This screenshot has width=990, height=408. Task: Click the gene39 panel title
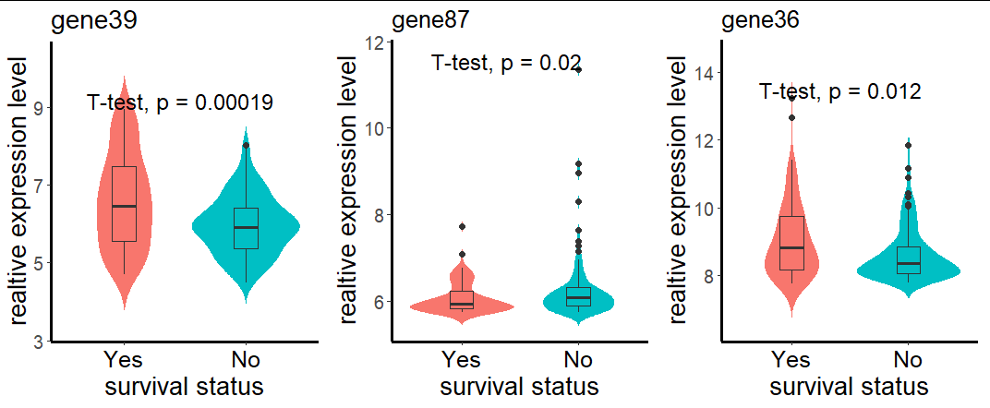94,23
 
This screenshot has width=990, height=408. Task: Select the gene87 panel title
430,20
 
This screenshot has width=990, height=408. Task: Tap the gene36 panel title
760,20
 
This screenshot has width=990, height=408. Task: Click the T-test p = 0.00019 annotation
180,103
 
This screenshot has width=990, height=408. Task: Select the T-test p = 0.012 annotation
839,91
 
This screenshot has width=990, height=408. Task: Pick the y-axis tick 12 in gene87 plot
375,42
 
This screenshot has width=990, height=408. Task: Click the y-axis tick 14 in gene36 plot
704,73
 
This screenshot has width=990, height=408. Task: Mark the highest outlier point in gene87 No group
578,69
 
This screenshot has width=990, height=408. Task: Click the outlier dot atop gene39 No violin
246,145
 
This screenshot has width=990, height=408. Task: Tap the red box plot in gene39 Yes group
124,204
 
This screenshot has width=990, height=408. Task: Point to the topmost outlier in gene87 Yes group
462,226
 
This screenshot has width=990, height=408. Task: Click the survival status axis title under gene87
519,385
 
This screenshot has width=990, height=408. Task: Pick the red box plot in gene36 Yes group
791,243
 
